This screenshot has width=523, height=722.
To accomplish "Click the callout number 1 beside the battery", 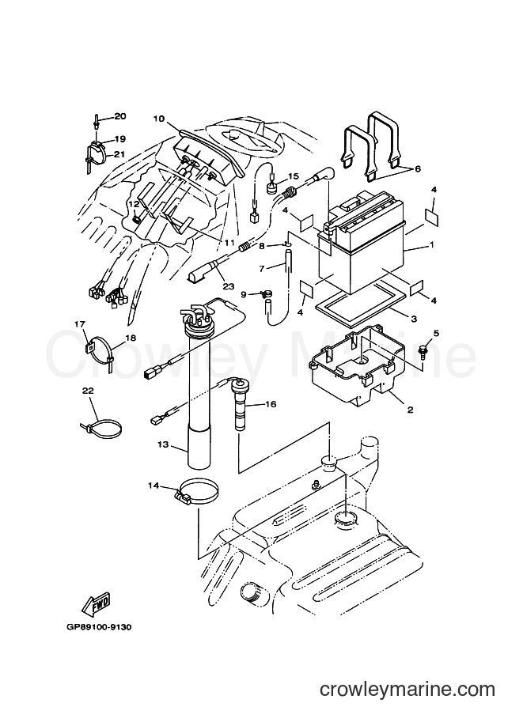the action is (x=432, y=245).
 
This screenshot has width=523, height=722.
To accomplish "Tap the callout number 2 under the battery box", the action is (x=410, y=410).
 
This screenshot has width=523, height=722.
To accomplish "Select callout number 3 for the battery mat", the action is (x=414, y=319).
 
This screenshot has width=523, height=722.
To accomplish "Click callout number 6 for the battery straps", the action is (x=418, y=169).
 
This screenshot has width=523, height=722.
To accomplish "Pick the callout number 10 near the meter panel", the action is (x=159, y=119).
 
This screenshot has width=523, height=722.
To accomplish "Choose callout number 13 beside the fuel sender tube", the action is (x=163, y=444).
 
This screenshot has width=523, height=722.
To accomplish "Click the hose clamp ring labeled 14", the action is (x=198, y=490).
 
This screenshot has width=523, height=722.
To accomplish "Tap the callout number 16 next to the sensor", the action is (x=271, y=404).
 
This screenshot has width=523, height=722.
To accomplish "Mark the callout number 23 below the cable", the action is (x=229, y=286).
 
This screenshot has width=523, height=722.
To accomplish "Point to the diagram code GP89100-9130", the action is (x=97, y=627).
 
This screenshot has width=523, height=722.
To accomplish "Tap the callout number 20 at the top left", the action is (x=120, y=116).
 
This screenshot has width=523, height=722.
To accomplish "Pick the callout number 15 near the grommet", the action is (x=294, y=176).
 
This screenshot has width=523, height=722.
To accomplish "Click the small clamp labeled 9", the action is (x=267, y=293).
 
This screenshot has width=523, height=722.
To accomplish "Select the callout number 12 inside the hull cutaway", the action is (x=134, y=203).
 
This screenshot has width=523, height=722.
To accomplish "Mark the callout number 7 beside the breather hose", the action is (x=261, y=268).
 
